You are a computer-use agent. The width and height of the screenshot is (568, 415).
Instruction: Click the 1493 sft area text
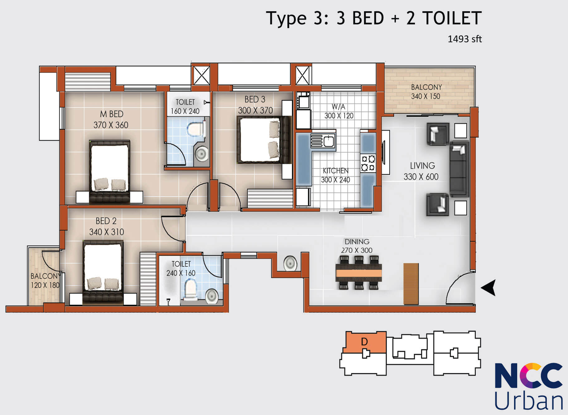click(465, 39)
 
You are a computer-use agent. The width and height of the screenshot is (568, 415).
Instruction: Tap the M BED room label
click(112, 114)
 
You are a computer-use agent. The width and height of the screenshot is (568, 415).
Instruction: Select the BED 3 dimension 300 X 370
click(255, 110)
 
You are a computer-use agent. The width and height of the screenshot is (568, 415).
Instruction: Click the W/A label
click(338, 107)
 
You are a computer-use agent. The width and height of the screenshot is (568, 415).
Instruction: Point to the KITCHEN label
click(336, 171)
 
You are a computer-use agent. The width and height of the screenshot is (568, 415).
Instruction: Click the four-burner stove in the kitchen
click(368, 163)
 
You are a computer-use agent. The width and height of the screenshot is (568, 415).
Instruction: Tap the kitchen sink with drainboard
click(323, 141)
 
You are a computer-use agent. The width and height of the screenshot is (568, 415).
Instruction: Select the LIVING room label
click(422, 166)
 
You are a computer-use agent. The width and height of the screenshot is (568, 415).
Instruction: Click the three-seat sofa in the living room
click(459, 169)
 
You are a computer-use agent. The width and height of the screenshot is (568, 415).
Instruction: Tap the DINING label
click(357, 242)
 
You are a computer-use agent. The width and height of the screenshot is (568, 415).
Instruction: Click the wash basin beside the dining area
click(290, 263)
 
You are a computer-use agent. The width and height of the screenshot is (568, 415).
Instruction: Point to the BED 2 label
click(106, 221)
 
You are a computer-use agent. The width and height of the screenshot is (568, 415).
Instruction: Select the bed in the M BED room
click(109, 172)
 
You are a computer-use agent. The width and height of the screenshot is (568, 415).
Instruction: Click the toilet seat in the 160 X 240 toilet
click(196, 129)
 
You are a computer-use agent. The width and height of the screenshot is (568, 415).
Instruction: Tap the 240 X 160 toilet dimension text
click(181, 273)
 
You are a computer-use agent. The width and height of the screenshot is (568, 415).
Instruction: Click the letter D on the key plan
click(364, 342)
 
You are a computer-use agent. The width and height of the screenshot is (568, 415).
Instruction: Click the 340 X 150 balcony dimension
click(426, 96)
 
